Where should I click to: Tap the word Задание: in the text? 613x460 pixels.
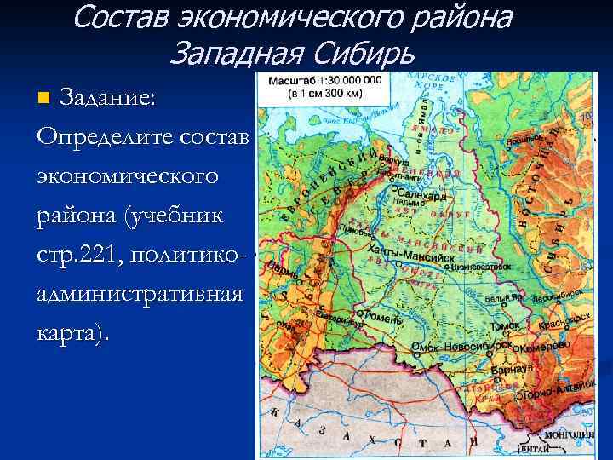click(106, 97)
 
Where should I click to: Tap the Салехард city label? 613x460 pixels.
click(422, 195)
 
